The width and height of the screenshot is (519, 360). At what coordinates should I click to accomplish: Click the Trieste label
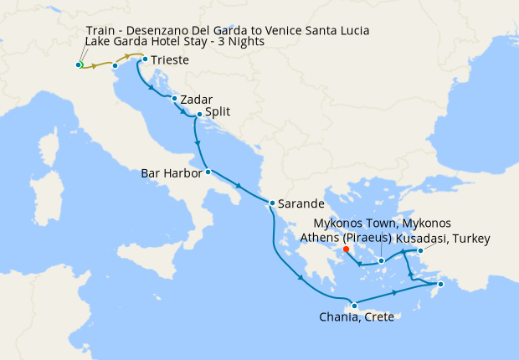pos(170,60)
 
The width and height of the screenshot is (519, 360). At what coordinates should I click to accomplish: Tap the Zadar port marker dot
pos(174,99)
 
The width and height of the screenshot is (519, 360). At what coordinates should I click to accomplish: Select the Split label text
pos(218,111)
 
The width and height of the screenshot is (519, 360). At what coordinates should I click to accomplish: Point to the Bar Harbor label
pos(172,174)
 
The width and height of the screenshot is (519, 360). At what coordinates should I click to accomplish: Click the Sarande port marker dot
pos(271,203)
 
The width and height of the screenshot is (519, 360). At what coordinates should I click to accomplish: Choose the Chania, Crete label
pos(357,317)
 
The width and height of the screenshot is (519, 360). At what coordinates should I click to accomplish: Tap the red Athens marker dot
pos(346,249)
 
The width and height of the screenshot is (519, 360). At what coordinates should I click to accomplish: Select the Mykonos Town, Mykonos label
pos(382,224)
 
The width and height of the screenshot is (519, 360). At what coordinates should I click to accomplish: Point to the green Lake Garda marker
pos(79,64)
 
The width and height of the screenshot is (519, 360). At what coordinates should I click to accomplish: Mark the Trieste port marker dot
pos(145,59)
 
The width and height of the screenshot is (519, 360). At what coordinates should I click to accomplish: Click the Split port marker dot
pos(199,115)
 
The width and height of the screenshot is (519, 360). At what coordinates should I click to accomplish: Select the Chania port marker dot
pos(355,305)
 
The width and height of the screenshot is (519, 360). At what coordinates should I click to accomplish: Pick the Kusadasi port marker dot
pos(419,249)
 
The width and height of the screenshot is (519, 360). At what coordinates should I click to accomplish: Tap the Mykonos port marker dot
pos(382,261)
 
